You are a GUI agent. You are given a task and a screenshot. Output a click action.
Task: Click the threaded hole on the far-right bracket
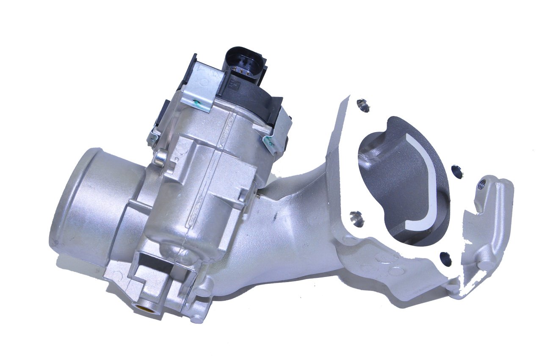[481, 185]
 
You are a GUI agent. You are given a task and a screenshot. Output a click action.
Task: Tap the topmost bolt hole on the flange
[362, 103]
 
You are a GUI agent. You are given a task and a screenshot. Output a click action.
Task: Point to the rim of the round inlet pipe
[59, 203]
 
